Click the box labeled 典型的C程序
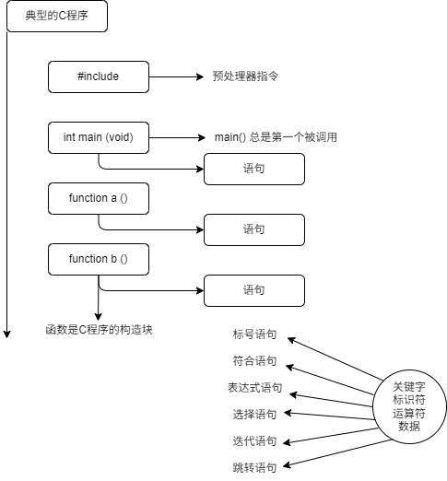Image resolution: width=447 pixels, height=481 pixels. (57, 16)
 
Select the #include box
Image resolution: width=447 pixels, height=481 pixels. (99, 76)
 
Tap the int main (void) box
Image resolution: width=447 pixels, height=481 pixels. (99, 137)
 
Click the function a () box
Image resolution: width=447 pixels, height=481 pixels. (99, 198)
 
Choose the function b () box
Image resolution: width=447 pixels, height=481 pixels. (99, 259)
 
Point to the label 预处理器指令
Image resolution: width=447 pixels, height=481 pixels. (245, 76)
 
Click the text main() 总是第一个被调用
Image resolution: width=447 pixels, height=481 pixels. (276, 137)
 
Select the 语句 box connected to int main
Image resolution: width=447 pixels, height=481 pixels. (254, 169)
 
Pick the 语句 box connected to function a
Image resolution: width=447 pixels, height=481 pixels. (254, 229)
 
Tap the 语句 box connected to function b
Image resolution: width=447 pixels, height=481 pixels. (254, 290)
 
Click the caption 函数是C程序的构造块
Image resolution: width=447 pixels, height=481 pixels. (99, 330)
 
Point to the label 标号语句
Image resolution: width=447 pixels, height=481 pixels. (254, 334)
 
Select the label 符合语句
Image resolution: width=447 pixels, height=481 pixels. (254, 361)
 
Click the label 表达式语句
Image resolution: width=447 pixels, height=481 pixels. (254, 388)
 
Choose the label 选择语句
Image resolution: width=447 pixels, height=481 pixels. (254, 415)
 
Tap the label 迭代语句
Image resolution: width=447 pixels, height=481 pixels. (254, 441)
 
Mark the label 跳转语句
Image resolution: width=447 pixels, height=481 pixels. (254, 468)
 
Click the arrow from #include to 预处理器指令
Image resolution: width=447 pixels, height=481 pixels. (176, 76)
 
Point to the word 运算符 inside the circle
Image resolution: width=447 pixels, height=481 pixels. (409, 414)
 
